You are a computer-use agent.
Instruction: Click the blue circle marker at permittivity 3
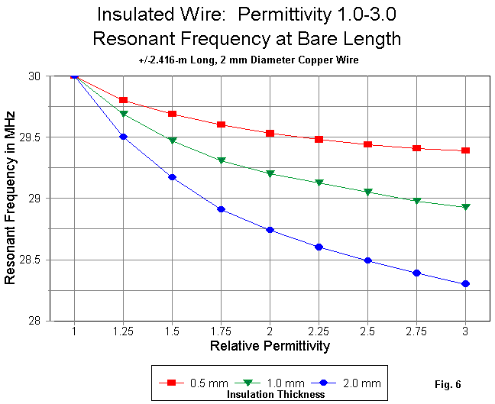coord(465,284)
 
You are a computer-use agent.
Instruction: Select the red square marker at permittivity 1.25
coord(123,101)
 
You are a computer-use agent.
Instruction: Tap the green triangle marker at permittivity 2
coord(270,174)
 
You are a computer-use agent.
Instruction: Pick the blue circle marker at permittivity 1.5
coord(172,177)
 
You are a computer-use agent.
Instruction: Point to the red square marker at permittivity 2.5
coord(367,144)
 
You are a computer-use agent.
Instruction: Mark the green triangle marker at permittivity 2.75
coord(416,202)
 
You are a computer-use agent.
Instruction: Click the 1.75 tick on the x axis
coord(221,334)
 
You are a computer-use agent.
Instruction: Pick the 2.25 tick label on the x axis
coord(319,334)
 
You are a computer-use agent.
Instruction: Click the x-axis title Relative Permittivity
coord(270,347)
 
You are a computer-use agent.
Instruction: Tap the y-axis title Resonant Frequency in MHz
coord(11,198)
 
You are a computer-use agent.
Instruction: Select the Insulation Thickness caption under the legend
coord(276,394)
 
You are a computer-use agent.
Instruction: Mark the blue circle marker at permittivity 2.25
coord(319,247)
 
